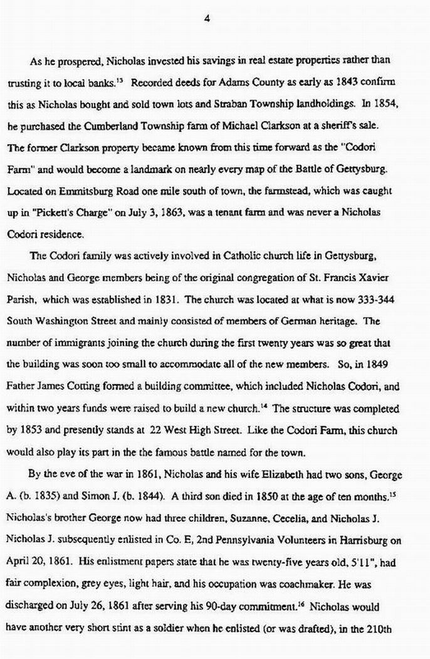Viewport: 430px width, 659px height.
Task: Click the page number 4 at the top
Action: (206, 19)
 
